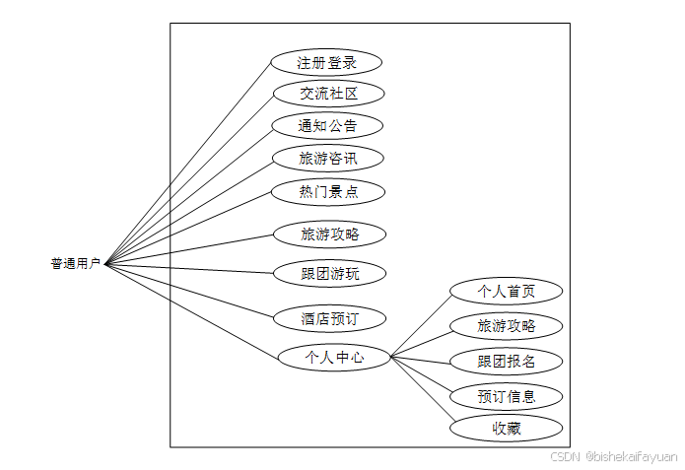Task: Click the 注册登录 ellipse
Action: [x=326, y=63]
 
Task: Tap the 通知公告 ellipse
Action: [x=327, y=126]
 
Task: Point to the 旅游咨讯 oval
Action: [x=327, y=158]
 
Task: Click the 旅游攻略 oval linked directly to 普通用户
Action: [x=329, y=235]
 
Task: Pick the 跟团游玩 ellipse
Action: [x=329, y=273]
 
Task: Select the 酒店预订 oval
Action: [x=329, y=318]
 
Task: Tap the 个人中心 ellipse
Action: [x=334, y=358]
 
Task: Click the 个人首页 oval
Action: [x=507, y=291]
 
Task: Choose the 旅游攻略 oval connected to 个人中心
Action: [x=507, y=326]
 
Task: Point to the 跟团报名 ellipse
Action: [x=507, y=362]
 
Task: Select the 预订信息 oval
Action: [x=507, y=397]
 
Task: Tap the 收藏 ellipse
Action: [x=507, y=429]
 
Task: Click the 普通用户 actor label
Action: [x=76, y=264]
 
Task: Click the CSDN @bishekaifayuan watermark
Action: [x=613, y=457]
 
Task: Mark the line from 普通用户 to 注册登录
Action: [x=187, y=165]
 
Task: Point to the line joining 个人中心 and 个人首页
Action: [x=421, y=324]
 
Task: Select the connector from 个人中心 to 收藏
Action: [x=421, y=390]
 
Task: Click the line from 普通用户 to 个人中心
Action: [x=192, y=309]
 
